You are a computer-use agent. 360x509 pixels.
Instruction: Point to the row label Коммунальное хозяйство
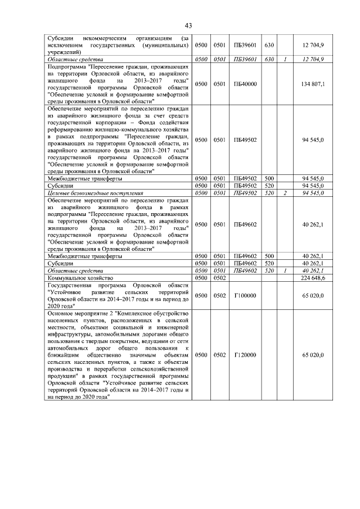(x=81, y=278)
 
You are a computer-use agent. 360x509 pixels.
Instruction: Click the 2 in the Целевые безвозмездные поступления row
(x=285, y=193)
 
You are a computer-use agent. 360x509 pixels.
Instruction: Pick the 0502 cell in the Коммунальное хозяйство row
(x=219, y=278)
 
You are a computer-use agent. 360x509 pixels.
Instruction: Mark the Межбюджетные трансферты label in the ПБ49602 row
(x=84, y=256)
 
